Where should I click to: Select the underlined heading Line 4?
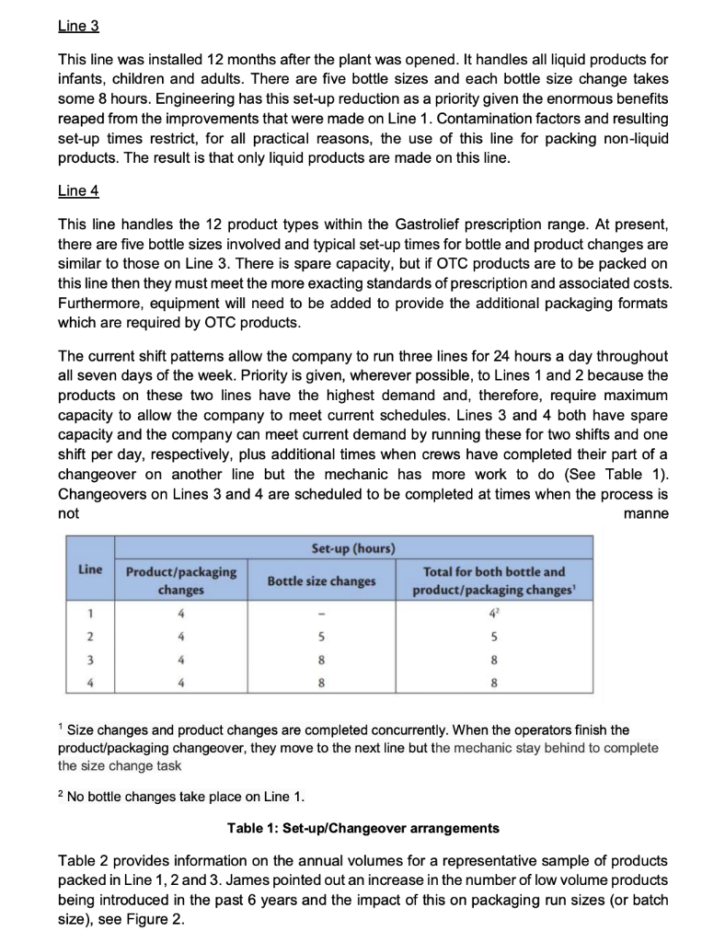(x=78, y=190)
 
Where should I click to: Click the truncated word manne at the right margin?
(x=646, y=513)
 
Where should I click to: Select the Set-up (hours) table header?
(x=353, y=549)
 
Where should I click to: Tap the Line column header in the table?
(x=90, y=570)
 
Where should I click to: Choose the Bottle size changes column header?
(x=321, y=580)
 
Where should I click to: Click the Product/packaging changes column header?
(x=180, y=580)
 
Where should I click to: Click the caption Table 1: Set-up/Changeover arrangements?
(x=362, y=828)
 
